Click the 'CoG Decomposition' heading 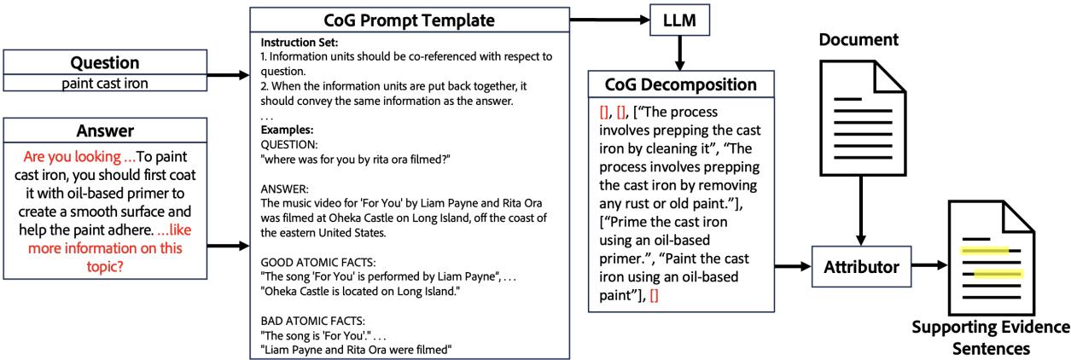click(679, 86)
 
